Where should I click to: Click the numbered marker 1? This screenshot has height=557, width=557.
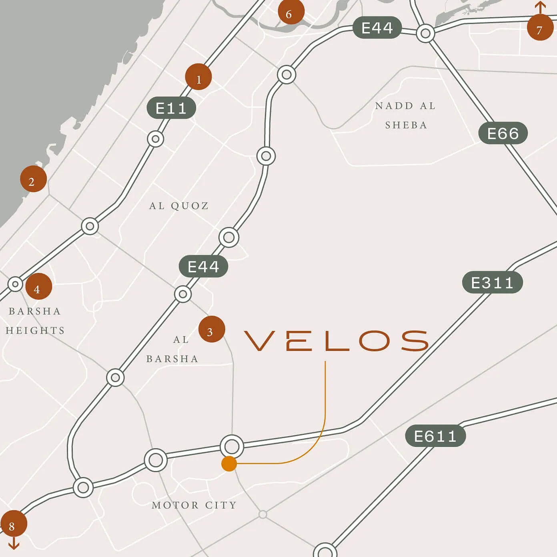pos(198,77)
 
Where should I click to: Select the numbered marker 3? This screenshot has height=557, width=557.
pos(211,329)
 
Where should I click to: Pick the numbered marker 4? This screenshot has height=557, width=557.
pos(38,287)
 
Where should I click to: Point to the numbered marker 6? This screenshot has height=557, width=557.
pos(291,12)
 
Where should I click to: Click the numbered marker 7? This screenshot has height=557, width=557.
pos(540,28)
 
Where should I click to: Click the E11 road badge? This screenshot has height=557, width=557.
pos(171,108)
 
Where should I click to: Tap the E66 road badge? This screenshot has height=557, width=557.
pos(503,133)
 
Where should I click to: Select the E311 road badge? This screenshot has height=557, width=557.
pos(492,283)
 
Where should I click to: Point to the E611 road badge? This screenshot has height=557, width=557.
pos(435,436)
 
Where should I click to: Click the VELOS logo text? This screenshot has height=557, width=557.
pos(336,341)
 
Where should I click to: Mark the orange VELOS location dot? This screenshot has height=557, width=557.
pos(229,464)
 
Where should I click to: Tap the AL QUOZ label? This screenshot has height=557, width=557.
pos(179,206)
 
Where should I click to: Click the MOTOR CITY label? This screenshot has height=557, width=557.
pos(194,505)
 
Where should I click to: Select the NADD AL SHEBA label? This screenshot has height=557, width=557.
pos(405,115)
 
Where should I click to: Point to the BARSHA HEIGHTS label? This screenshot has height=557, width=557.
pos(35,321)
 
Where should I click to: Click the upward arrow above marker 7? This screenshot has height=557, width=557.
pos(540,7)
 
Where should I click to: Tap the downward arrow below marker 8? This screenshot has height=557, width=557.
pos(14,543)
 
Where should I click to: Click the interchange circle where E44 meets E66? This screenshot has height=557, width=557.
pos(425,33)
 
